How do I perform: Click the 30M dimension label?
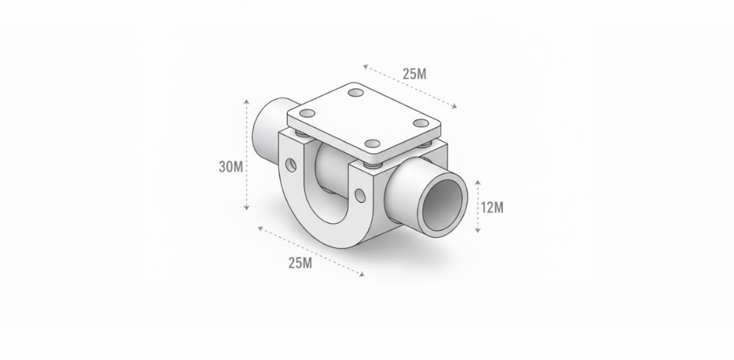(x=231, y=167)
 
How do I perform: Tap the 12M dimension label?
(x=492, y=208)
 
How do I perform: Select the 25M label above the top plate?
(x=414, y=74)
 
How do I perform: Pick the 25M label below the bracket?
(x=300, y=263)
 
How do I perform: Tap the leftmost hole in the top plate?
(x=307, y=113)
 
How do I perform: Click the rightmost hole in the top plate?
(x=421, y=123)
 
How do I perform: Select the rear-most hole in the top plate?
(x=355, y=92)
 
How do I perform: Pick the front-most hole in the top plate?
(x=373, y=143)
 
